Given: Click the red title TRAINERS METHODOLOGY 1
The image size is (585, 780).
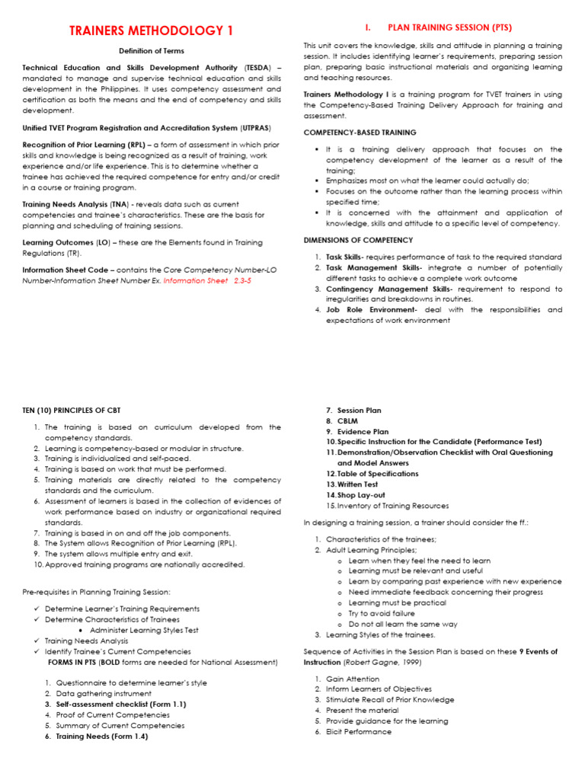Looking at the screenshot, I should tap(152, 30).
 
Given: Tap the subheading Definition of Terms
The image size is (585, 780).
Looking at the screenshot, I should tap(151, 51).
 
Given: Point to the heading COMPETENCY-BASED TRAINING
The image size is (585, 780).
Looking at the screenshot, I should tap(360, 133).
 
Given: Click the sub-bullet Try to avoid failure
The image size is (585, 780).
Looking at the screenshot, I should tap(382, 613).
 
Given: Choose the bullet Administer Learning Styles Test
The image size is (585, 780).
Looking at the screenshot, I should tap(144, 630).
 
